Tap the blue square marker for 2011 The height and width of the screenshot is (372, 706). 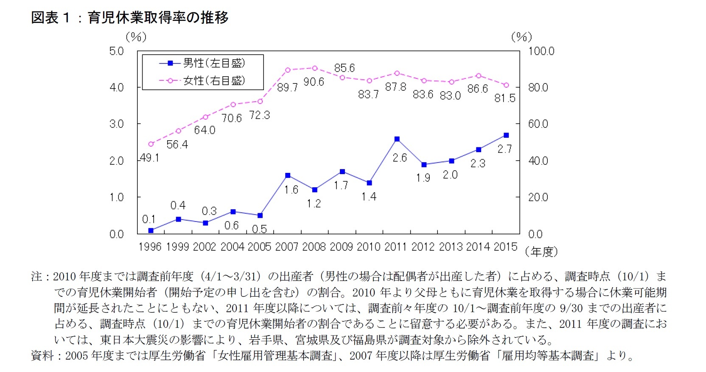coord(397,139)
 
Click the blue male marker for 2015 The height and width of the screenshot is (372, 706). coord(506,135)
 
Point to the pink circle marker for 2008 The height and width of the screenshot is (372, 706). coord(315,68)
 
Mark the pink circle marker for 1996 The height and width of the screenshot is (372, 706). coord(151,144)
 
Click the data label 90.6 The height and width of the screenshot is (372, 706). coord(314,82)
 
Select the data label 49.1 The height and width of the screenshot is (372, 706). coord(149,158)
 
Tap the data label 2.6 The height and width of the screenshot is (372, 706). coord(399,158)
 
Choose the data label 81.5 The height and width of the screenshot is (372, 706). coord(505,98)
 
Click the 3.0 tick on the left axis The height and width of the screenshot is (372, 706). coord(116,124)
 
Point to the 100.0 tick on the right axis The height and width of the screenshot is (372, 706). coord(541,51)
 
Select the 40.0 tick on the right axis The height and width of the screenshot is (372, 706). coord(538,161)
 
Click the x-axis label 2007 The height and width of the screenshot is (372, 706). coord(287,247)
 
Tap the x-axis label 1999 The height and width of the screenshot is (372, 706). coord(177,247)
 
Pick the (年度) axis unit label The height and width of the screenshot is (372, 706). coord(541,252)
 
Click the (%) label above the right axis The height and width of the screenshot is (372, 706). coord(521,37)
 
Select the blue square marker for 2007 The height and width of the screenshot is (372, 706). coord(288,175)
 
